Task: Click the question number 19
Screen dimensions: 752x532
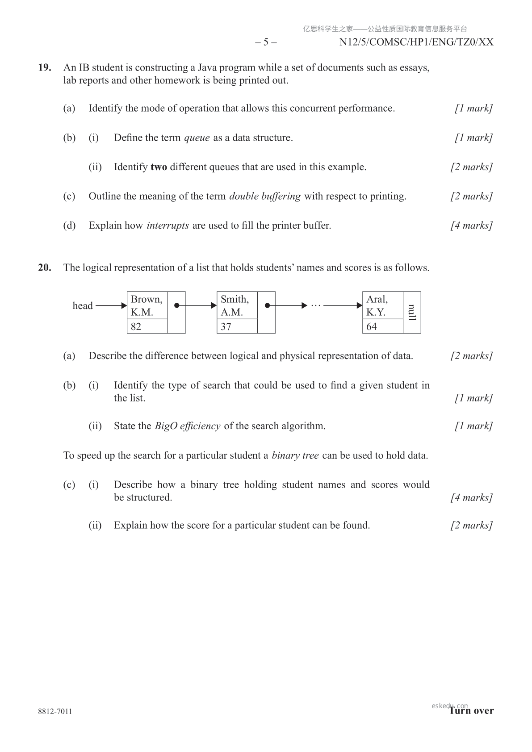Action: coord(45,68)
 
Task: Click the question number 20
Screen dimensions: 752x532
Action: coord(45,268)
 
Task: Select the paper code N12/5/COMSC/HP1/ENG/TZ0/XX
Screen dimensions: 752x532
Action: coord(416,42)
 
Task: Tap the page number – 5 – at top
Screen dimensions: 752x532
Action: coord(266,42)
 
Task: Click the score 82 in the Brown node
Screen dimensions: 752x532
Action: coord(136,327)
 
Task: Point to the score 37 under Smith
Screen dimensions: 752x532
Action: coord(226,327)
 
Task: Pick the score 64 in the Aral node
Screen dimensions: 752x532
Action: coord(372,327)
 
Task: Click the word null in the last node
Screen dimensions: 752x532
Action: coord(412,312)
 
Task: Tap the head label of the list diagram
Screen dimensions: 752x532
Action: coord(83,306)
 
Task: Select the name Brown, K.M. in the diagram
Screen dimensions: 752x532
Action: coord(147,305)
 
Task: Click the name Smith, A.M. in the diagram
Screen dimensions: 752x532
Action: coord(235,305)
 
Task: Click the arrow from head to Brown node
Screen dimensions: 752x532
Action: coord(111,306)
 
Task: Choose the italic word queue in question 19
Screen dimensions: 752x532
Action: coord(197,138)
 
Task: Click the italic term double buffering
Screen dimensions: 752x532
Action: coord(265,196)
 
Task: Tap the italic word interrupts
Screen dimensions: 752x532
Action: coord(168,226)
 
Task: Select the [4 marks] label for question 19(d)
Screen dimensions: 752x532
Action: coord(471,226)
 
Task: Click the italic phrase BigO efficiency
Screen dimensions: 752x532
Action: coord(188,426)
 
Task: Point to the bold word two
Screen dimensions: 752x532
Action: coord(159,167)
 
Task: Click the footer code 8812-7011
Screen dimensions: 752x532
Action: coord(55,711)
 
